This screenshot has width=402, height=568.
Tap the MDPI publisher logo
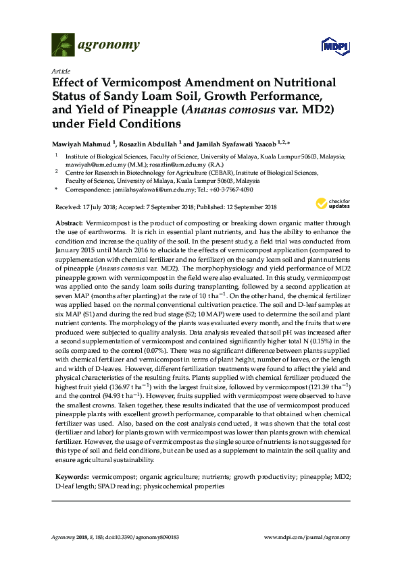point(335,47)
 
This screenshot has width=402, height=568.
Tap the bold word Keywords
point(70,476)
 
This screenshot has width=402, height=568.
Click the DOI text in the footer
point(131,536)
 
